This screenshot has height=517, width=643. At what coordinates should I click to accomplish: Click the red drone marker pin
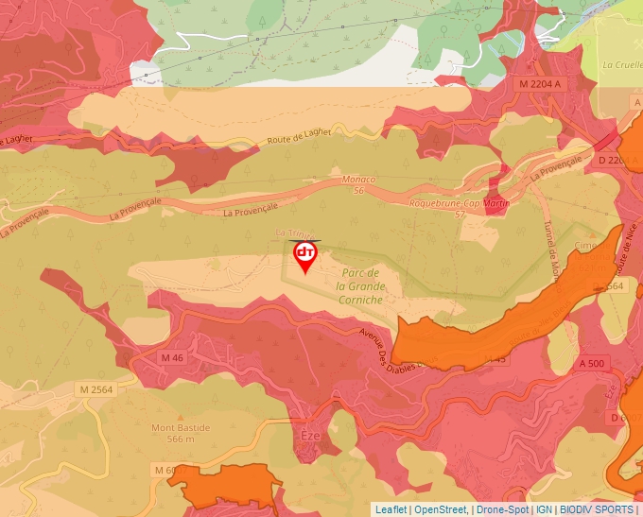pyautogui.click(x=305, y=255)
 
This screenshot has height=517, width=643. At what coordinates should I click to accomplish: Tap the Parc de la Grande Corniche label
pyautogui.click(x=360, y=285)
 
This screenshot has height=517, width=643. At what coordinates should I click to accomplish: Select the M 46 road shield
pyautogui.click(x=172, y=358)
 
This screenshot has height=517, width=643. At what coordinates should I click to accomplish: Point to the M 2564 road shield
pyautogui.click(x=96, y=389)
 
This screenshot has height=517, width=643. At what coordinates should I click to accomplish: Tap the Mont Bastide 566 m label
pyautogui.click(x=181, y=433)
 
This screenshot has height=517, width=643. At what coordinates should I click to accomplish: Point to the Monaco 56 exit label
pyautogui.click(x=358, y=184)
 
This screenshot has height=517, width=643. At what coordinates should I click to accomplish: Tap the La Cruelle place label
pyautogui.click(x=621, y=65)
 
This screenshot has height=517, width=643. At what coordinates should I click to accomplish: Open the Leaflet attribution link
pyautogui.click(x=391, y=509)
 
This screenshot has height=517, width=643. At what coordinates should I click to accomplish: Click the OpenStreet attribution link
pyautogui.click(x=440, y=509)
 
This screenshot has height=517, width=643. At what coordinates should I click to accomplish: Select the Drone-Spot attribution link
pyautogui.click(x=502, y=509)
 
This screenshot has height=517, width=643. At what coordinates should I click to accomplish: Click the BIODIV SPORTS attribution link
pyautogui.click(x=597, y=509)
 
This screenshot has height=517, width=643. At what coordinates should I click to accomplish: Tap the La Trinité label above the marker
pyautogui.click(x=293, y=233)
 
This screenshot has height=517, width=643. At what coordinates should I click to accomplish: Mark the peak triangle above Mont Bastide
pyautogui.click(x=180, y=414)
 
